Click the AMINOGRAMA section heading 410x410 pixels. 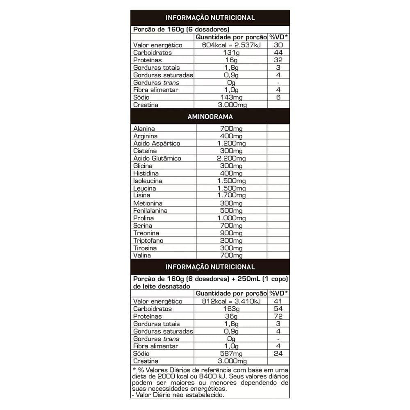(210, 117)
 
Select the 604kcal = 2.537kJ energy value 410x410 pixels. (232, 45)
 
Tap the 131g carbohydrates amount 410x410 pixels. (232, 53)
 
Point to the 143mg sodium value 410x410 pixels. (232, 98)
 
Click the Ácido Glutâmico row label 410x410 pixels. (151, 158)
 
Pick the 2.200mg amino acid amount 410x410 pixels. (232, 158)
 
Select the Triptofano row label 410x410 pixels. (148, 241)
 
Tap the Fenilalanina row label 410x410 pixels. (150, 211)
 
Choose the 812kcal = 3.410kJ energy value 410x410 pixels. (232, 301)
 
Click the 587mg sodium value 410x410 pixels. (232, 353)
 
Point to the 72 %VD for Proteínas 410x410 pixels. (278, 317)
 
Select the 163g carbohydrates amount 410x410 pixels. (232, 309)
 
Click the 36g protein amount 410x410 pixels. (232, 317)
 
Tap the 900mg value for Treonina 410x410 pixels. (232, 233)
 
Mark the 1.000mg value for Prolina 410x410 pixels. (232, 218)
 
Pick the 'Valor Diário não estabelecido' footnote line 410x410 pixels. (179, 395)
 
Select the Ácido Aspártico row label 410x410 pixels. (150, 143)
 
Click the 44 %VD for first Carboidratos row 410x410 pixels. (278, 53)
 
